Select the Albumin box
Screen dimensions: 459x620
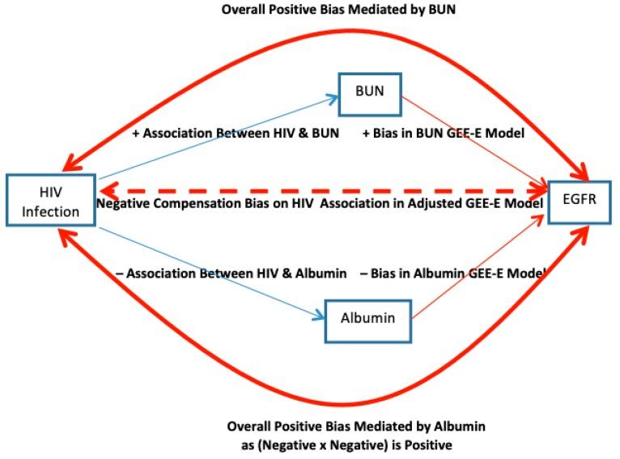tap(367, 318)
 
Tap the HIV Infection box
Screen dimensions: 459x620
tap(51, 202)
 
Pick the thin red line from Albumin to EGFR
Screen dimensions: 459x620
tap(478, 267)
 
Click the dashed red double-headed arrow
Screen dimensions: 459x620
tap(324, 191)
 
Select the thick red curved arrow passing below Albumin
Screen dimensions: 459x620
tap(324, 402)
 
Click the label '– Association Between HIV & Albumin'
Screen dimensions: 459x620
tap(231, 274)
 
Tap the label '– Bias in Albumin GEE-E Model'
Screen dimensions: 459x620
tap(452, 274)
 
